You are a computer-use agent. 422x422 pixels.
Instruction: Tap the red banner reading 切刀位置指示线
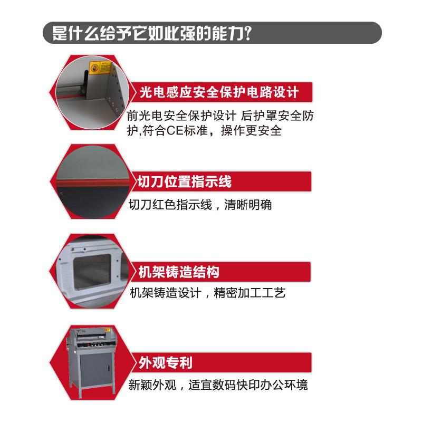pos(185,183)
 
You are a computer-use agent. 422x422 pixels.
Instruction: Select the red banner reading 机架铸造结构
pos(179,272)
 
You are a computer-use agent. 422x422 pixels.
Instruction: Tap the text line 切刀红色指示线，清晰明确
pos(200,204)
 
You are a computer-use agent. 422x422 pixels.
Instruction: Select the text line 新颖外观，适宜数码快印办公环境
pos(218,384)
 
